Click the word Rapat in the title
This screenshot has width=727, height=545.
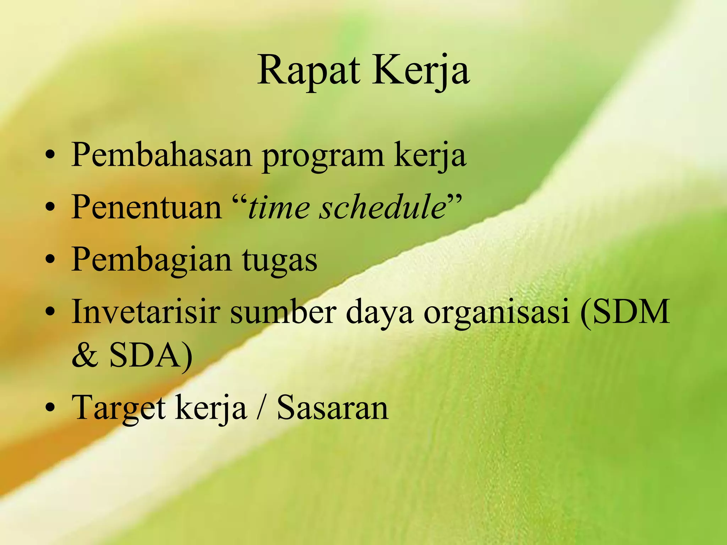[x=308, y=71]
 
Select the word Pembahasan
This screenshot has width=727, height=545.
[x=162, y=155]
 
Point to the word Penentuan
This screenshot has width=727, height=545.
[x=147, y=207]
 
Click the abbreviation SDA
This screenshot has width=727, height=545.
[x=145, y=356]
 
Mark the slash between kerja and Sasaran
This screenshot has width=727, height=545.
[x=262, y=408]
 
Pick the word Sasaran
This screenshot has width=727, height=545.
[x=333, y=408]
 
